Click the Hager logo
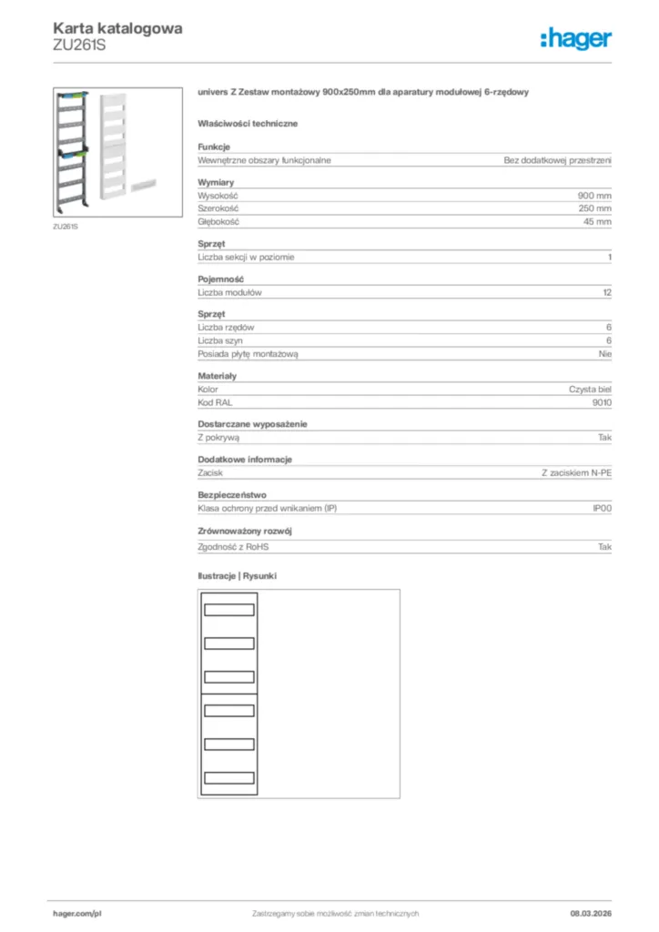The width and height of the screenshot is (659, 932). pos(575,38)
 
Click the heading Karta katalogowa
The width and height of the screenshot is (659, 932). pos(117,28)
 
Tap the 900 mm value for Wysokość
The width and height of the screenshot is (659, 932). pos(594,196)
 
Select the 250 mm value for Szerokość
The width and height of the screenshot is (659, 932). pos(594,208)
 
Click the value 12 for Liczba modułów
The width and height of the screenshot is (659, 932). pos(607,293)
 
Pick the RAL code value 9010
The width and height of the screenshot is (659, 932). pos(602,401)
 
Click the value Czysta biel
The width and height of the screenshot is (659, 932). pos(590,389)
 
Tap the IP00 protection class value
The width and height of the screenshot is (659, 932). pos(602,508)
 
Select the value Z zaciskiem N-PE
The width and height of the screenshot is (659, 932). pos(576,473)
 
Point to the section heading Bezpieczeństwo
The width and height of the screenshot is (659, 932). pos(232,495)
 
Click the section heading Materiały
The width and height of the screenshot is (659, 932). pos(218,376)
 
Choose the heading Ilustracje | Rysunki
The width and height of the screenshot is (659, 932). pos(238,576)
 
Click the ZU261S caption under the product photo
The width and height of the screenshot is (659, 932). pos(66,226)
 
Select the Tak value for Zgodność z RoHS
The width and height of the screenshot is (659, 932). pos(604,547)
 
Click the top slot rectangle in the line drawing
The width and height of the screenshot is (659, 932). pos(228,610)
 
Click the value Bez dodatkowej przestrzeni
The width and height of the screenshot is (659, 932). pos(557,160)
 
